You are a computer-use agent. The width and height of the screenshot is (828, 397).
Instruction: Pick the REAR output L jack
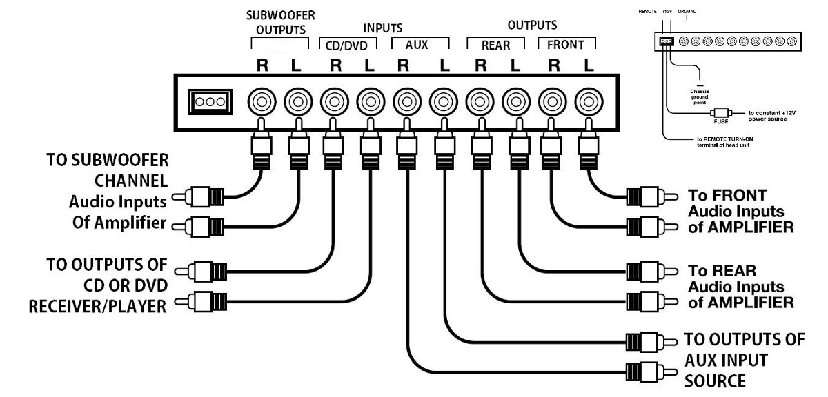click(515, 102)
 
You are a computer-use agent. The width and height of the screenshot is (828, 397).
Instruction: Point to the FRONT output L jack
click(587, 102)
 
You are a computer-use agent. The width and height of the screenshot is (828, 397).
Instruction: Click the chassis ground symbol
click(700, 78)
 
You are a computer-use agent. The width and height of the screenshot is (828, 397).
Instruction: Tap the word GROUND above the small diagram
click(687, 12)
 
